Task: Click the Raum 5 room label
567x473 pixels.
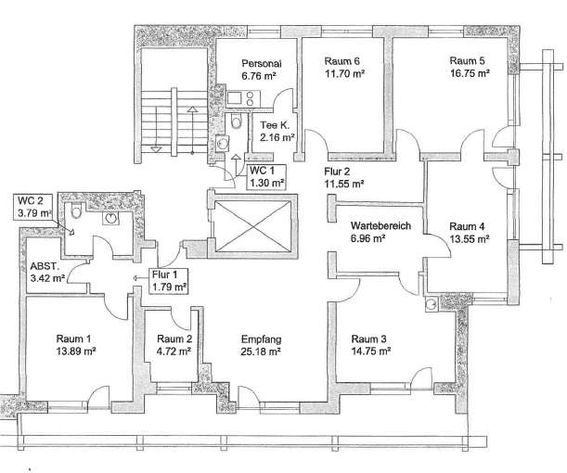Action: point(467,60)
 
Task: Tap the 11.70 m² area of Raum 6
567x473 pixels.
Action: point(344,73)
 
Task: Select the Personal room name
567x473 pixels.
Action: point(262,64)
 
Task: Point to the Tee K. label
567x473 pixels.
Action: point(275,125)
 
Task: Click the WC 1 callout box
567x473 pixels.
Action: point(267,177)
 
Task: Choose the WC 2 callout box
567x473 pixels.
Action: point(34,207)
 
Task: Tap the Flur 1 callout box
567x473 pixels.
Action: point(169,281)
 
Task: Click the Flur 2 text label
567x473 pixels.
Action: point(337,172)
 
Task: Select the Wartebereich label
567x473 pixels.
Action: point(380,226)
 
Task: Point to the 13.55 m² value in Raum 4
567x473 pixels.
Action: point(470,239)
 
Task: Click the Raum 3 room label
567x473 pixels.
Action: point(368,339)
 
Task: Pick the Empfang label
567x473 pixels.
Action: point(261,339)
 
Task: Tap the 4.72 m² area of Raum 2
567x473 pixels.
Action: point(174,352)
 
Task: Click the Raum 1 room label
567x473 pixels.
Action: point(73,339)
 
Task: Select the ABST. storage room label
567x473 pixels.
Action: point(45,267)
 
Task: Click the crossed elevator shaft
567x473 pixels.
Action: point(252,226)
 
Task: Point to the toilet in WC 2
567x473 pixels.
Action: point(75,210)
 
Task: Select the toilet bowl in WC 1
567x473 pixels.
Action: point(236,121)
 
